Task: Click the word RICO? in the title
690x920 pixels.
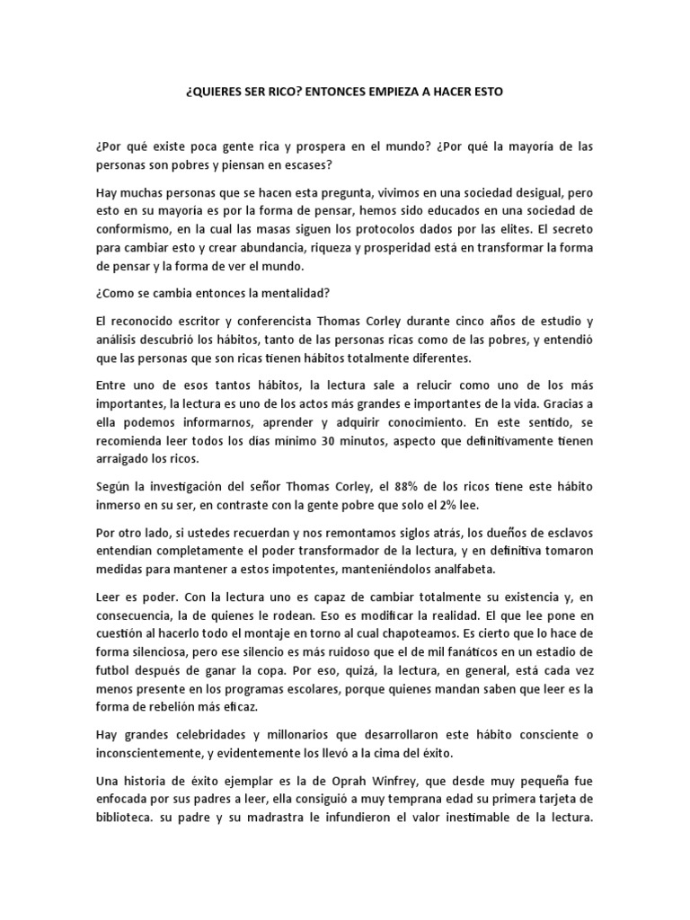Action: [x=274, y=93]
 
